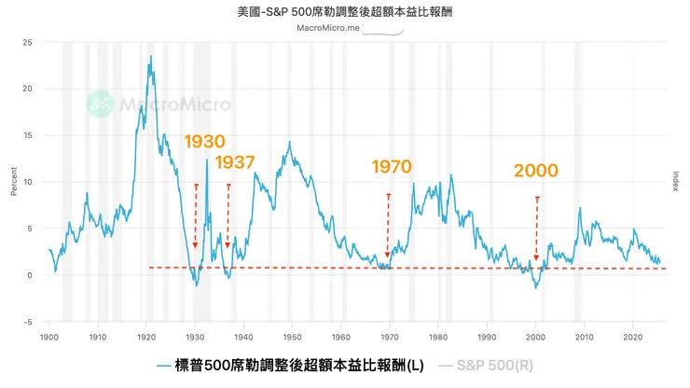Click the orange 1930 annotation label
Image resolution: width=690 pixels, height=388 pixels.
click(204, 142)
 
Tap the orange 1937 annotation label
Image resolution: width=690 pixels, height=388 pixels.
click(235, 162)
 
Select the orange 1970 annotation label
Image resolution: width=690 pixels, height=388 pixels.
click(392, 167)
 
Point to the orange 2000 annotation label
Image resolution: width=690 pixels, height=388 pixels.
click(535, 171)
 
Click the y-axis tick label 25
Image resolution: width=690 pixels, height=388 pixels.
click(28, 43)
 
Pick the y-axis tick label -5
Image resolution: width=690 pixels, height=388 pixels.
click(28, 322)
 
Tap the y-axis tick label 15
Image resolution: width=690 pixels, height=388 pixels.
click(28, 136)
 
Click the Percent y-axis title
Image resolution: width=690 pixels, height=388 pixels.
click(13, 182)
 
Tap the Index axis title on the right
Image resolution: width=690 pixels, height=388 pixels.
click(676, 182)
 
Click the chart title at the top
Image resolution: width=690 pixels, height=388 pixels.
click(345, 13)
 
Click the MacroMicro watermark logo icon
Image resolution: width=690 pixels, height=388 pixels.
click(100, 104)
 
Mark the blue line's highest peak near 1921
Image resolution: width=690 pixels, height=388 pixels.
click(150, 57)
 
